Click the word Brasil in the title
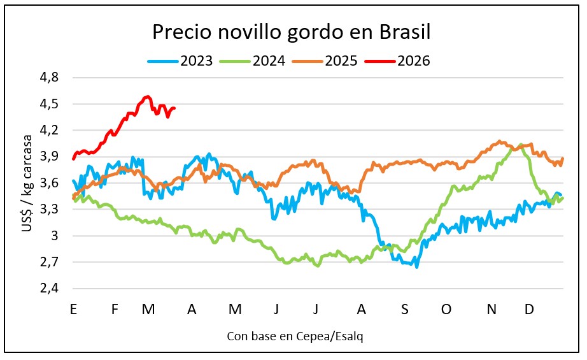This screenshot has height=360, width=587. coord(406,32)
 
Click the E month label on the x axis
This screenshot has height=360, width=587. coord(74,309)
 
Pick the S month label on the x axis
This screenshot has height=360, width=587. coord(404,309)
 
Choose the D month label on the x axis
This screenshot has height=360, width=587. coord(528,309)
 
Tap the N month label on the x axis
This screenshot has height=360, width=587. coord(491,309)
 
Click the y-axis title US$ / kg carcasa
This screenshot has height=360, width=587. coord(28,184)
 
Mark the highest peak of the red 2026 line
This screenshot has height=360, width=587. coord(147,97)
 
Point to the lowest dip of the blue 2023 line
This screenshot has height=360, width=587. coord(417,266)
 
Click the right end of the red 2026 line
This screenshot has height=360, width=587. coord(174,108)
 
